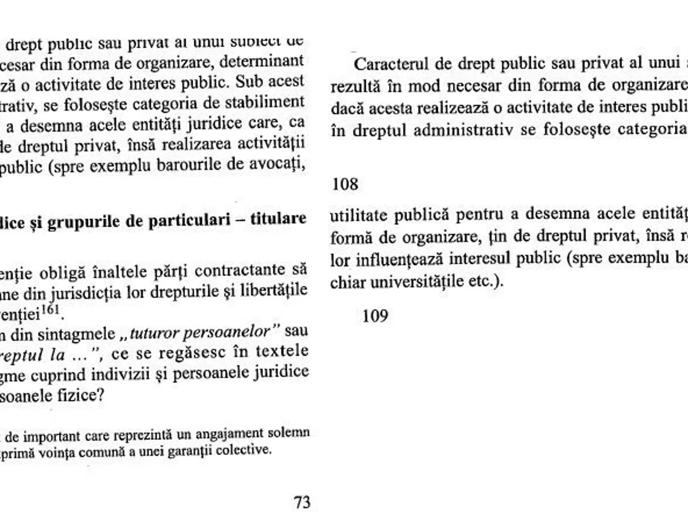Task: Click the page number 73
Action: [302, 503]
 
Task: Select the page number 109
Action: [376, 315]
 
